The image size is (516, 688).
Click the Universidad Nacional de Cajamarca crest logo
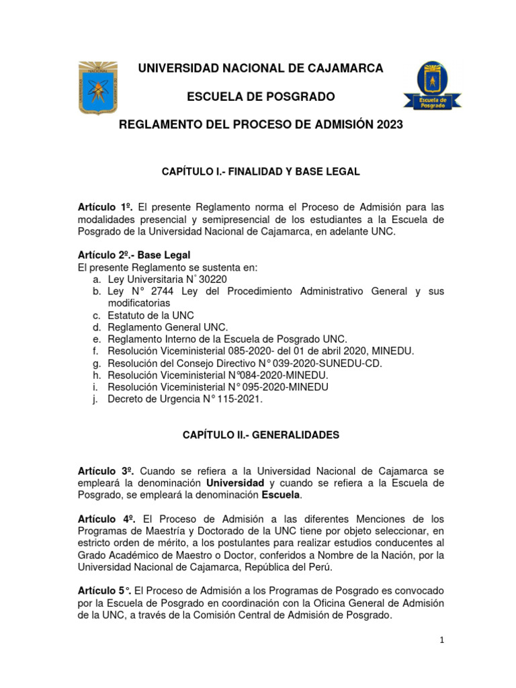coord(99,88)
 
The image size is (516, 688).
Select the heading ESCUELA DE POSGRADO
coord(260,97)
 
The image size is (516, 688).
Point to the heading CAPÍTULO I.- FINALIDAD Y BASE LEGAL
coord(261,172)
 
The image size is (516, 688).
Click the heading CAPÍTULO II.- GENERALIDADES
coord(261,435)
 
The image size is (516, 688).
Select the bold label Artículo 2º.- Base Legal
coord(134,255)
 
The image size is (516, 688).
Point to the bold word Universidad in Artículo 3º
coord(235,483)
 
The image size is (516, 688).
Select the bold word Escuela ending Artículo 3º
coord(281,495)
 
